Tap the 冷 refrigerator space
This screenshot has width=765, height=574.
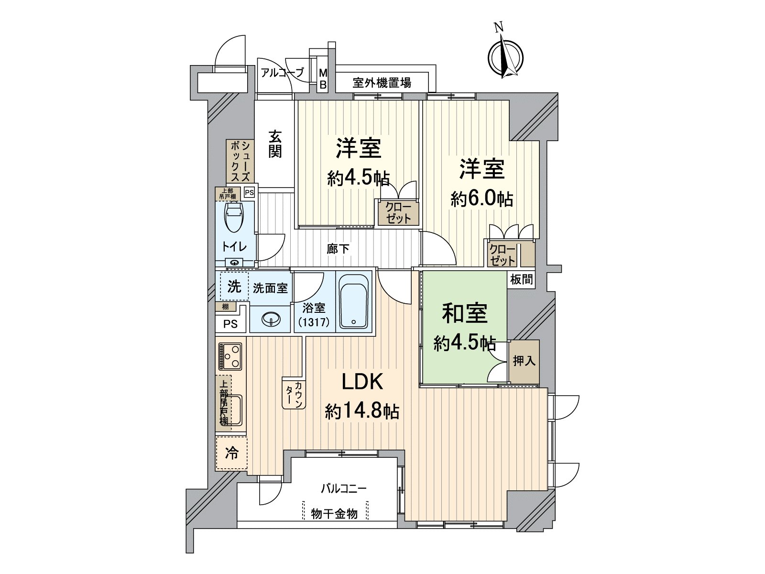click(x=231, y=453)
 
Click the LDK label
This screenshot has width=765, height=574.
click(x=361, y=382)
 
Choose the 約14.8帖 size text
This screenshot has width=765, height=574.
click(x=362, y=411)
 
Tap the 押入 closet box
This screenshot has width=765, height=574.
click(x=524, y=361)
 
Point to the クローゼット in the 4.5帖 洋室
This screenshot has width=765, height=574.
click(x=398, y=212)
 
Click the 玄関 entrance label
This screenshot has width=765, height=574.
click(x=274, y=144)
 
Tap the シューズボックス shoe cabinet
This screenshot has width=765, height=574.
click(x=240, y=161)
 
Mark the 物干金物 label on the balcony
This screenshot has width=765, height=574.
click(x=334, y=514)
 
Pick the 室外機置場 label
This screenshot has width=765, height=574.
click(x=382, y=83)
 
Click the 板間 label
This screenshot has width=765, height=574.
click(x=521, y=279)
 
